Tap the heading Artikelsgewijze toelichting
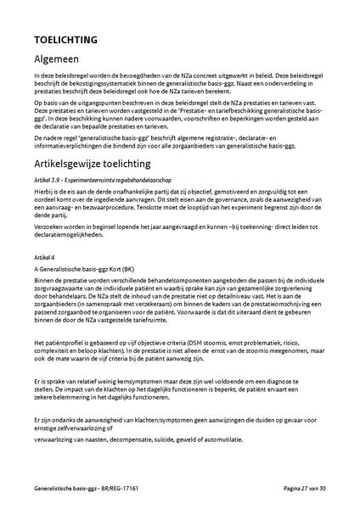pos(106,163)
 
